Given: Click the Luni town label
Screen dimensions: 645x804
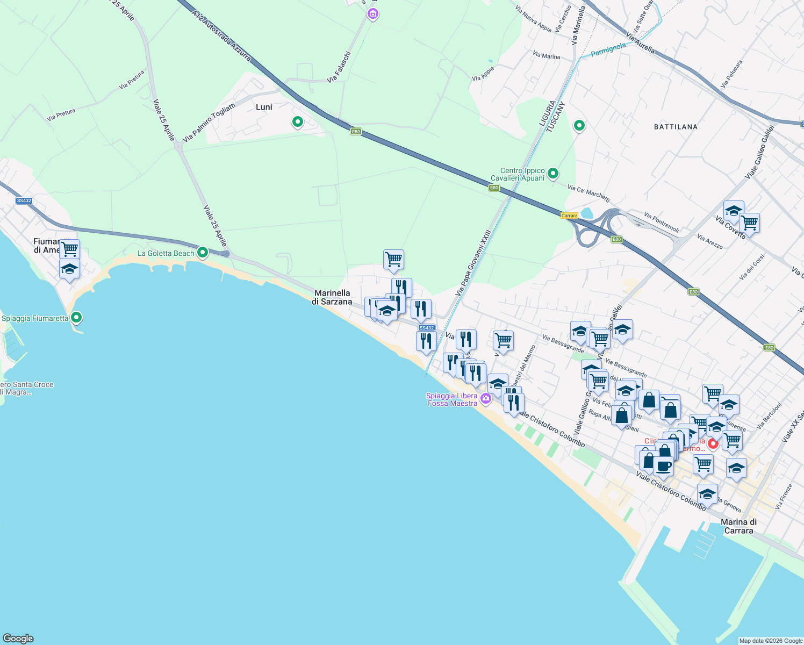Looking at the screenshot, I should pyautogui.click(x=264, y=107).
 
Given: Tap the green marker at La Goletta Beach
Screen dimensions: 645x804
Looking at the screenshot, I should pyautogui.click(x=203, y=252).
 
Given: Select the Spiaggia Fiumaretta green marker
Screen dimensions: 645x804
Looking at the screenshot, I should pyautogui.click(x=76, y=318).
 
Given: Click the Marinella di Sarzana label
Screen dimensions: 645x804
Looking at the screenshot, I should pyautogui.click(x=332, y=297).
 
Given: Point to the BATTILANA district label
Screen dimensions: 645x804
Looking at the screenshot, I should pyautogui.click(x=676, y=127).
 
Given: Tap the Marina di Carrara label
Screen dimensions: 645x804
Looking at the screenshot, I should pyautogui.click(x=738, y=526).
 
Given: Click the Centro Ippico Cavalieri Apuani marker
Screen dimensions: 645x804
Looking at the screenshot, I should pyautogui.click(x=553, y=173).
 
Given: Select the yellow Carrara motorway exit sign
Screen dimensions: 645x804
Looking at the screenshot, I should pyautogui.click(x=569, y=216).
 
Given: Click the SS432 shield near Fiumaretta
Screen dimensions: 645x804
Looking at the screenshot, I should pyautogui.click(x=24, y=200).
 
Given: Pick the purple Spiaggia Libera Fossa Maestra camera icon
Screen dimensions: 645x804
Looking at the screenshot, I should pyautogui.click(x=486, y=399).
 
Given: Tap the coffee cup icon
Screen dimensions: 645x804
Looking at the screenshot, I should pyautogui.click(x=663, y=466).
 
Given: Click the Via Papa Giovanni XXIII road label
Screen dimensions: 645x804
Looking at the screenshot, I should pyautogui.click(x=473, y=263).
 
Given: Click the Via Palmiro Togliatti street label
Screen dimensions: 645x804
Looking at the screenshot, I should pyautogui.click(x=209, y=123).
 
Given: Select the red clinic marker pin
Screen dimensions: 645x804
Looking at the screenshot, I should pyautogui.click(x=713, y=443).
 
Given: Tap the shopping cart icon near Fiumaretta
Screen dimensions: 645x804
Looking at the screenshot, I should pyautogui.click(x=69, y=248).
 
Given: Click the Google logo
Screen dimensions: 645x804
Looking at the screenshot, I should pyautogui.click(x=18, y=639).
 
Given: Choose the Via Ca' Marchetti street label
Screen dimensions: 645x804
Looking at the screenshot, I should pyautogui.click(x=588, y=192).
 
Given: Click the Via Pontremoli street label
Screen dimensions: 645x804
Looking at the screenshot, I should pyautogui.click(x=661, y=223).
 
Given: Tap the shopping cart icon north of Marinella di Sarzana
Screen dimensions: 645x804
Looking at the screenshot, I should pyautogui.click(x=393, y=259).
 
